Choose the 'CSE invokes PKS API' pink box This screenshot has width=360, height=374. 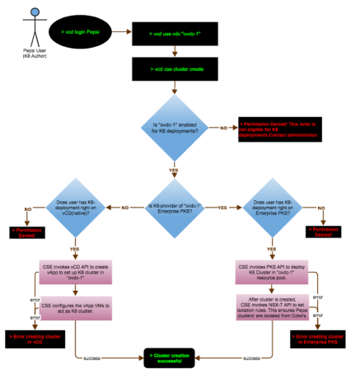pos(270,272)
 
